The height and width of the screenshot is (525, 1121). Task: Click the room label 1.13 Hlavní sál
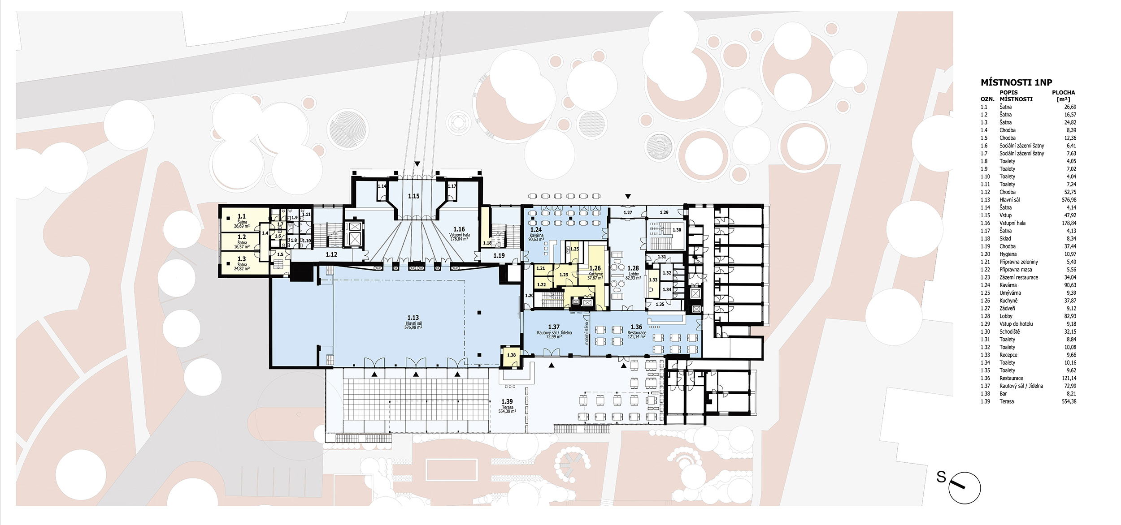[413, 322]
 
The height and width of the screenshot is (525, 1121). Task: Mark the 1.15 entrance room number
[414, 196]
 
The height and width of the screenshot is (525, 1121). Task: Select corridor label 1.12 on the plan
[331, 254]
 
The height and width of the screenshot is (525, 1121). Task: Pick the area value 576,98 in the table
[1069, 200]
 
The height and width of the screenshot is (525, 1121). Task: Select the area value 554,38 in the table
[1069, 401]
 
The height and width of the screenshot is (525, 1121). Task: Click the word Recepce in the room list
[1008, 355]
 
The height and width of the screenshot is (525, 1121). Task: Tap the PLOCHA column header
[1064, 92]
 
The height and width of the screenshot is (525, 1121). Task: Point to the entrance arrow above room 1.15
[417, 164]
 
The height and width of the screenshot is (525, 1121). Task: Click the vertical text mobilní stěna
[586, 333]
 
